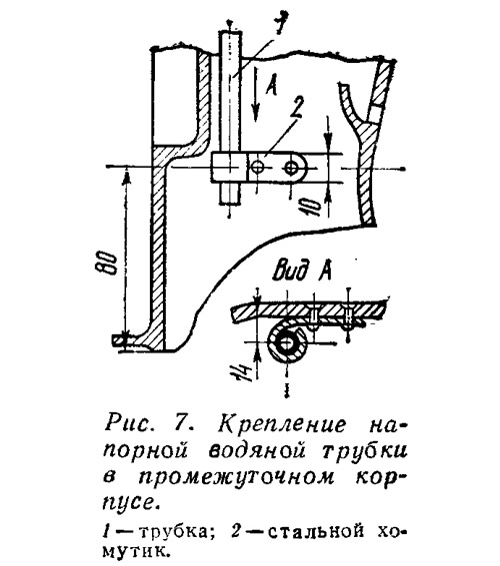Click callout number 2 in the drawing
[x=295, y=109]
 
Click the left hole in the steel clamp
[x=258, y=168]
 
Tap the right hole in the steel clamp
[x=291, y=168]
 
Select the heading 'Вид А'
[x=302, y=272]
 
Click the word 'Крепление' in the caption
[x=282, y=424]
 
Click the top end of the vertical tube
[x=230, y=32]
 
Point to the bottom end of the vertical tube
[x=229, y=204]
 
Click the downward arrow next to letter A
[x=255, y=94]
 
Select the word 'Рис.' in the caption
[x=128, y=423]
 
